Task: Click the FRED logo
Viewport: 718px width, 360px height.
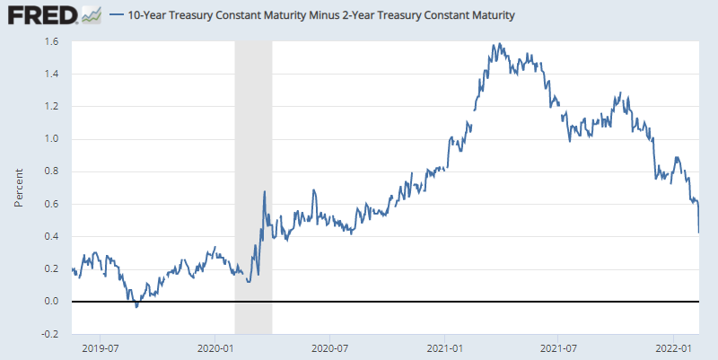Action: click(41, 14)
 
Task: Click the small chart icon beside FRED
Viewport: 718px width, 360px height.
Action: click(91, 14)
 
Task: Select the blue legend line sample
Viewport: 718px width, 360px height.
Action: click(117, 15)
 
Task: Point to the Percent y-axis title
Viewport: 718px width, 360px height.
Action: click(18, 187)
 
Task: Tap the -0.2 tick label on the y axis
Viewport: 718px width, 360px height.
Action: click(50, 333)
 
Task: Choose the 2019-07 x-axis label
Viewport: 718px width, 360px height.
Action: click(101, 347)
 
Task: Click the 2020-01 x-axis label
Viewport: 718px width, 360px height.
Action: click(215, 347)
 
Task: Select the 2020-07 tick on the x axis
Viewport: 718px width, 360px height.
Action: click(329, 347)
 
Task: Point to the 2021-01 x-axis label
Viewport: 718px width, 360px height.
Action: click(444, 347)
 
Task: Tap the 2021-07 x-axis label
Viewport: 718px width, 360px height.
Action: click(558, 347)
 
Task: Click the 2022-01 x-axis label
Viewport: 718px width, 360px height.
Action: click(672, 347)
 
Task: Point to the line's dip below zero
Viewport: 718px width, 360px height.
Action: click(136, 306)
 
